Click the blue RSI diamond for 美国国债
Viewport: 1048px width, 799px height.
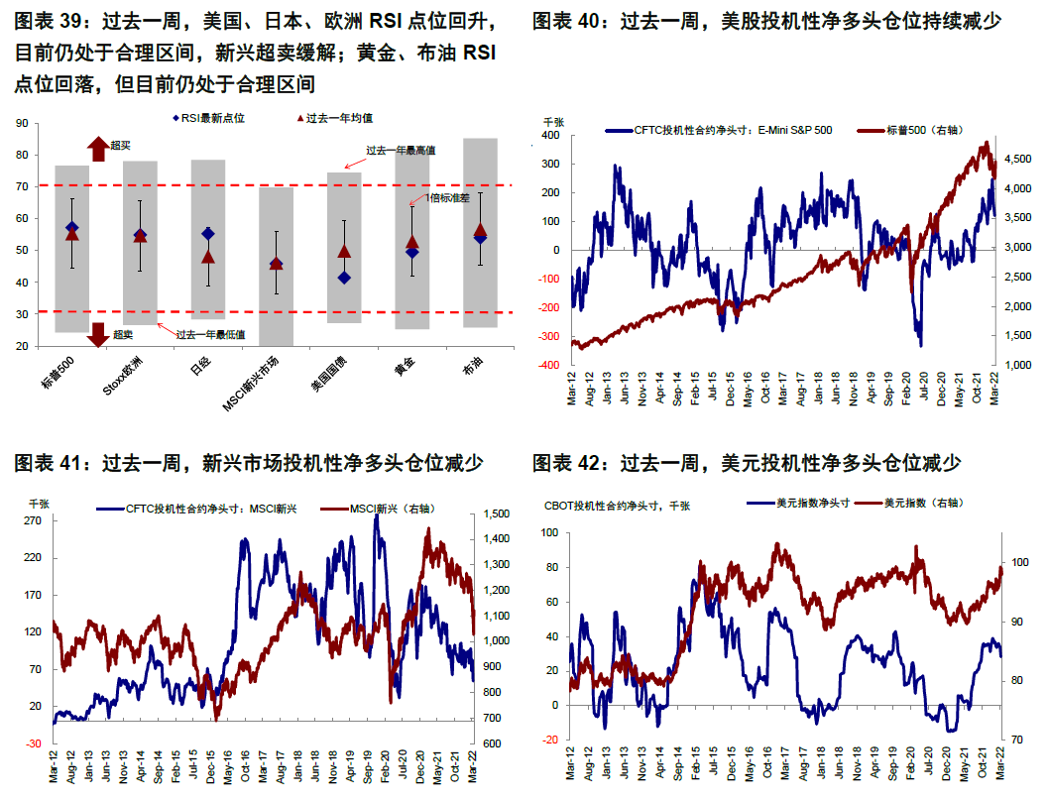[x=344, y=278]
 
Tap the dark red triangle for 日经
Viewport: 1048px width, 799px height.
[x=208, y=257]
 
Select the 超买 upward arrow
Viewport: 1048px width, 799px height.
[x=97, y=149]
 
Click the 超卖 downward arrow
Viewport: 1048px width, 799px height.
[x=97, y=334]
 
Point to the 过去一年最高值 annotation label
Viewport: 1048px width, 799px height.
[x=402, y=151]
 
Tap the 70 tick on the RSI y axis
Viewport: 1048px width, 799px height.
[x=21, y=186]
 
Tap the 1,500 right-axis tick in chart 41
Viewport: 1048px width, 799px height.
[x=496, y=514]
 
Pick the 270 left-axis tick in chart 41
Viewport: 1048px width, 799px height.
[x=32, y=519]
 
